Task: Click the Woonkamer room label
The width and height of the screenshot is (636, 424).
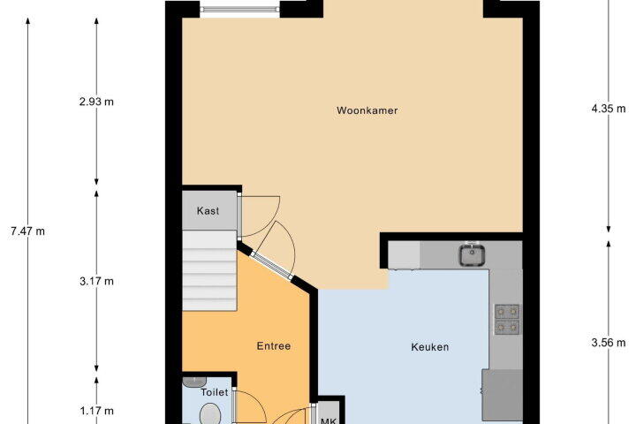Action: (x=367, y=110)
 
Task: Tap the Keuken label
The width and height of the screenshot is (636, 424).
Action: (x=430, y=347)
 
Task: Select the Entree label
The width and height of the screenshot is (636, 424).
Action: (x=274, y=346)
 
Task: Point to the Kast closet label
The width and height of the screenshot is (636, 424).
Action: (x=208, y=210)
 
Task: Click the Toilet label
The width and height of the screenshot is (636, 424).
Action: (x=215, y=392)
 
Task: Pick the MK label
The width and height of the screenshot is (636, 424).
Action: (x=328, y=420)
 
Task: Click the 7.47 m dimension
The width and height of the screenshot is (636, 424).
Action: (x=28, y=231)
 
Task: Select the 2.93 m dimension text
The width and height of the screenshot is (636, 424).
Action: (x=96, y=102)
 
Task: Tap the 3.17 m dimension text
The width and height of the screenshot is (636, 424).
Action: (x=96, y=281)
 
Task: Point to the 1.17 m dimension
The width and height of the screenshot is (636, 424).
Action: (x=96, y=411)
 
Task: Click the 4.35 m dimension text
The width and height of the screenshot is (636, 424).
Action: (x=609, y=109)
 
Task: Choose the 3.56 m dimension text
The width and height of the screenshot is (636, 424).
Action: (x=609, y=343)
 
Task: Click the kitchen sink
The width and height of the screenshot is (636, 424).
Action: (x=472, y=254)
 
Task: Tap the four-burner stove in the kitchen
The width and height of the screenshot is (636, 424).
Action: (x=507, y=319)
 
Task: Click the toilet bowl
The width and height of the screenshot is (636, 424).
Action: (x=210, y=414)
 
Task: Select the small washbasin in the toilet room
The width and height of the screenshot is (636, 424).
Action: (x=194, y=382)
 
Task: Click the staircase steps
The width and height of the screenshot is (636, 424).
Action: (x=209, y=270)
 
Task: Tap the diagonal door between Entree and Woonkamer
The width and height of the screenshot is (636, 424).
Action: (x=272, y=266)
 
